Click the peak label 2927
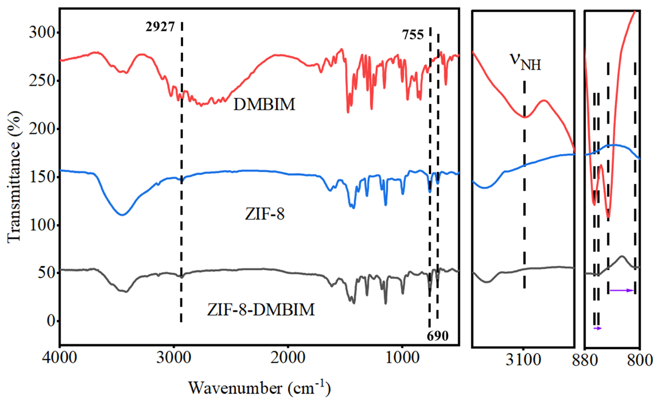tap(160, 27)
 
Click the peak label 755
tap(413, 35)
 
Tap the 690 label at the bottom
tap(437, 336)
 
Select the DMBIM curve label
tap(264, 104)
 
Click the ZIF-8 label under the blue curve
tap(265, 214)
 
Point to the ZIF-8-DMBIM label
tap(261, 309)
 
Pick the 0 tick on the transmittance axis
tap(50, 321)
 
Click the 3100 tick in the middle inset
tap(524, 360)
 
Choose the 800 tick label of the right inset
tap(640, 360)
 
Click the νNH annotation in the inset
tap(525, 62)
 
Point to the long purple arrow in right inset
tap(621, 290)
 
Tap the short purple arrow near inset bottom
tap(597, 328)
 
